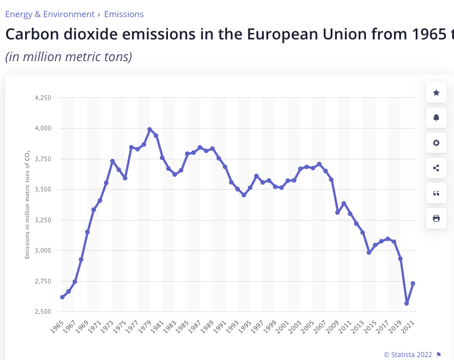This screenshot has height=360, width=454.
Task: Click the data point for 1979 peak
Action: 150,129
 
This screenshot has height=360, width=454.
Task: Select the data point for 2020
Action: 407,303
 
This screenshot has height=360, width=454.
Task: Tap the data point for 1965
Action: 62,297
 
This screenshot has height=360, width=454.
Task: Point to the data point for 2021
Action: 413,283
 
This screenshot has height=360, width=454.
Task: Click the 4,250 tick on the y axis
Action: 43,98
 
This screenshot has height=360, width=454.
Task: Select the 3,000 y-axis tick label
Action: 43,250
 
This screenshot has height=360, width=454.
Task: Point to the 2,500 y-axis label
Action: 43,311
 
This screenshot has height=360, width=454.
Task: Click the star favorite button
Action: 436,93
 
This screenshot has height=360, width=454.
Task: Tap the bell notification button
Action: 436,118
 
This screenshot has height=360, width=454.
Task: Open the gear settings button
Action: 436,143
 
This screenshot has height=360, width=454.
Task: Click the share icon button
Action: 436,168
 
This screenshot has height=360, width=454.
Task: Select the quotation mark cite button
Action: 436,193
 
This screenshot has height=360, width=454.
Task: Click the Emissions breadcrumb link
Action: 124,14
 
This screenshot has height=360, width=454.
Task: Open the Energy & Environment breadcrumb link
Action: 50,14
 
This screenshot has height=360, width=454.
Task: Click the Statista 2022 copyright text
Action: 408,354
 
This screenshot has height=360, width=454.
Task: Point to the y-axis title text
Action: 27,204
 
